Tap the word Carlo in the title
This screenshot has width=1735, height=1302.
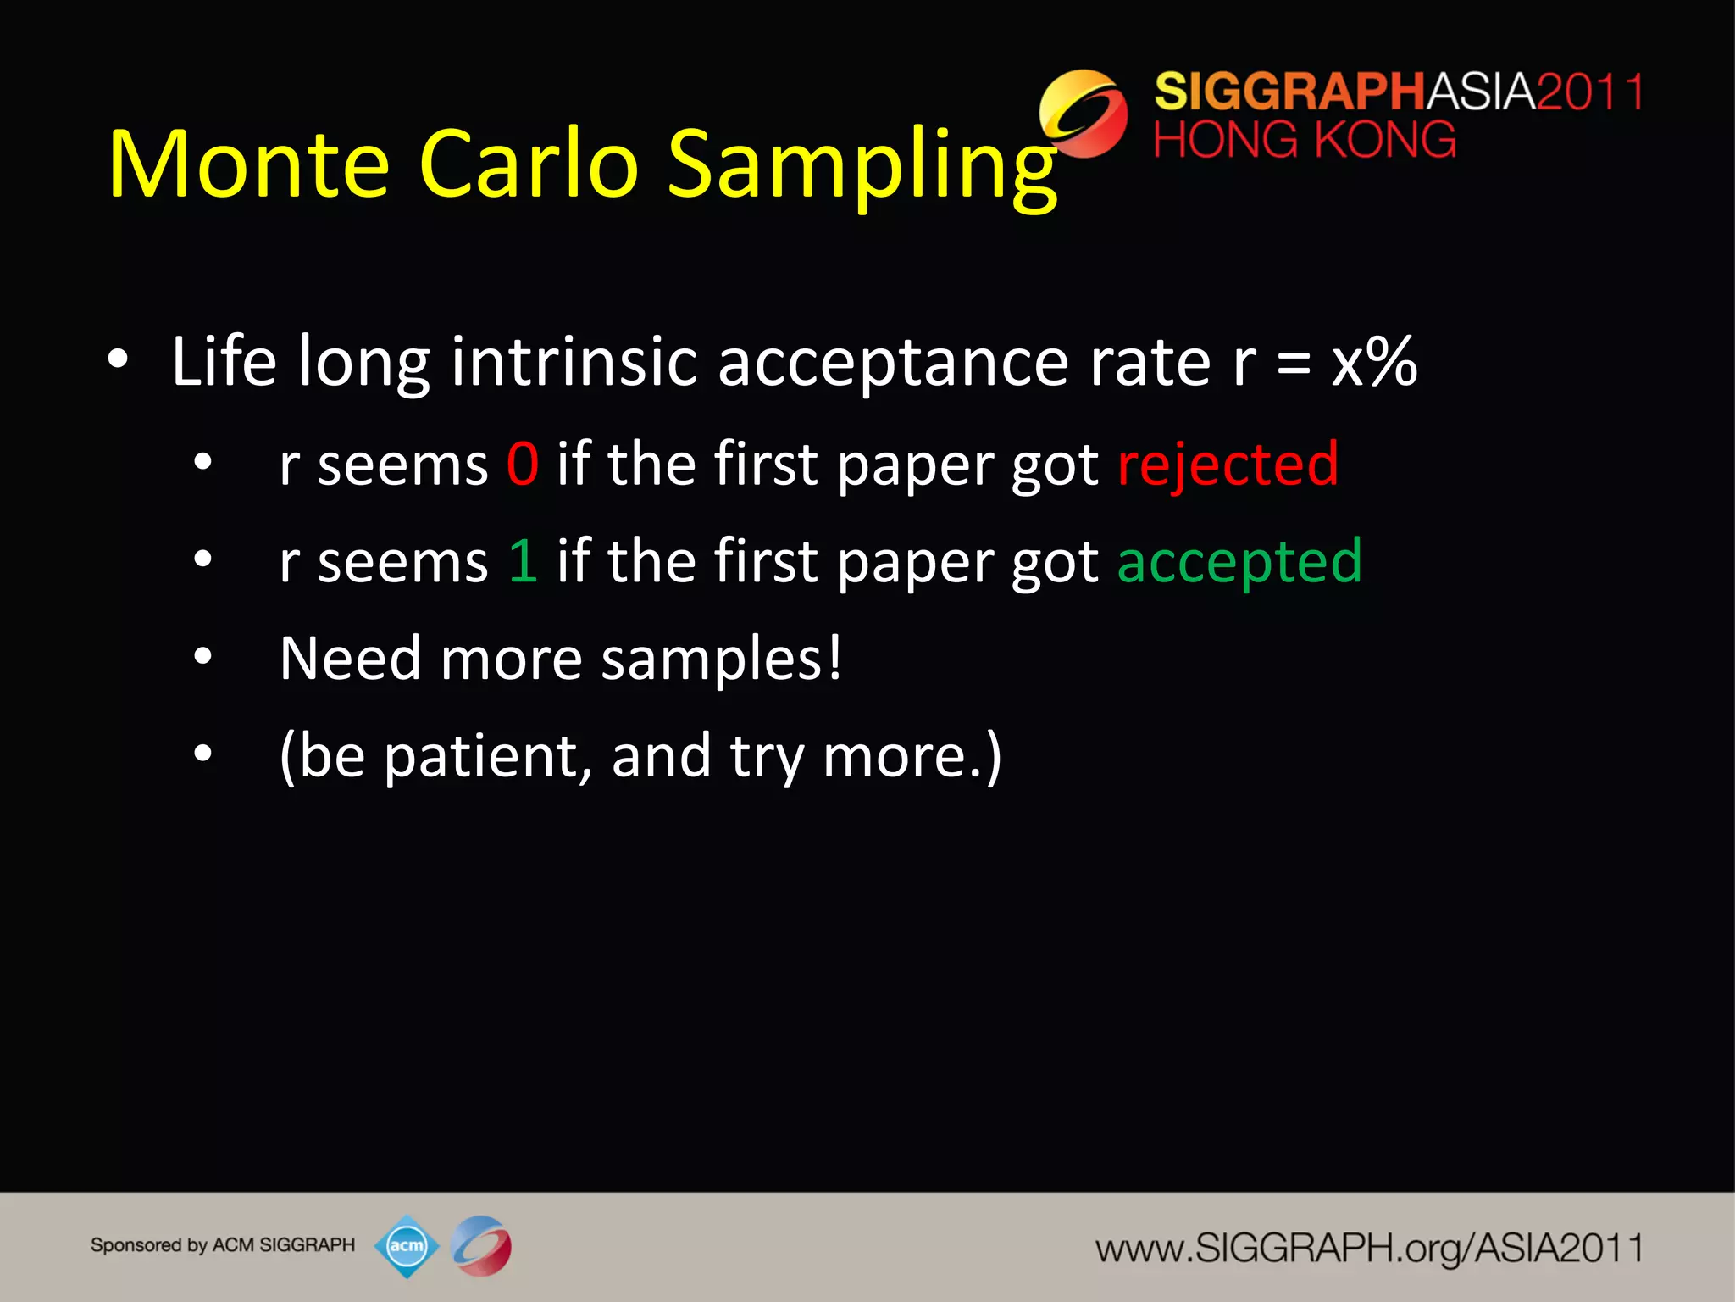528,164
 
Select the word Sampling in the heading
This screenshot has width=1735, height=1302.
862,166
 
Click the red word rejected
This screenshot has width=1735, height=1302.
1228,465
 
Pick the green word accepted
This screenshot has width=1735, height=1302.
1239,562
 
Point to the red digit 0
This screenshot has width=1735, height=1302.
523,465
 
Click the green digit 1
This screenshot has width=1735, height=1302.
523,561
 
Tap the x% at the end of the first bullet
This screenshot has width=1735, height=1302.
1374,362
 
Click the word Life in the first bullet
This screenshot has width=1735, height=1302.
224,362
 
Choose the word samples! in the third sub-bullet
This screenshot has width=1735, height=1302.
722,659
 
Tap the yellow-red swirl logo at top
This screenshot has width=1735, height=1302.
1084,114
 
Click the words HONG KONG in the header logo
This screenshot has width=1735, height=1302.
1305,140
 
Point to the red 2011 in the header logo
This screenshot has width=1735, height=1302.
1590,92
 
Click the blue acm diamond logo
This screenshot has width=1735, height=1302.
407,1246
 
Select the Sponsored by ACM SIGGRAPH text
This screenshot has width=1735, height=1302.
223,1245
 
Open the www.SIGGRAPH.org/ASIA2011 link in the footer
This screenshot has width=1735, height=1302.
1369,1249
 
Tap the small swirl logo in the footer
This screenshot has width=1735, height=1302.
481,1246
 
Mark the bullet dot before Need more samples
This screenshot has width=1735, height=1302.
202,656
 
